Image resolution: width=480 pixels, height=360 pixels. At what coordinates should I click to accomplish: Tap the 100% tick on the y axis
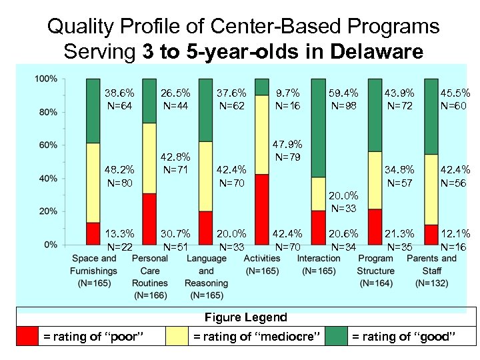pyautogui.click(x=45, y=79)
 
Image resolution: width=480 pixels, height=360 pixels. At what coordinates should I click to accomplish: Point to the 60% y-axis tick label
pyautogui.click(x=47, y=145)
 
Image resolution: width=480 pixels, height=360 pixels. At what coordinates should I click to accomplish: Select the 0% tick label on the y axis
pyautogui.click(x=50, y=245)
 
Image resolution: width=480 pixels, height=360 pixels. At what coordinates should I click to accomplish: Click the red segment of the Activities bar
pyautogui.click(x=262, y=209)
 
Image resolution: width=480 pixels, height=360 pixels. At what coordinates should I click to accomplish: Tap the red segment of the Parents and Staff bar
pyautogui.click(x=431, y=234)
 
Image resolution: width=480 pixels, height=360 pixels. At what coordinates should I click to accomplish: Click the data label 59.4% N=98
pyautogui.click(x=345, y=100)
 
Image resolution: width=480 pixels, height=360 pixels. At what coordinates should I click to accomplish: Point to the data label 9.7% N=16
pyautogui.click(x=287, y=100)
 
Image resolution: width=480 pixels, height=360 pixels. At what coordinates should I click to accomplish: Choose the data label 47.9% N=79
pyautogui.click(x=287, y=150)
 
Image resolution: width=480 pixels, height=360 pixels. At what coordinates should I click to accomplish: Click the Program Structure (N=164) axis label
pyautogui.click(x=375, y=271)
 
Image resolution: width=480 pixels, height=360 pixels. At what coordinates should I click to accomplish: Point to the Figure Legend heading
pyautogui.click(x=245, y=317)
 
